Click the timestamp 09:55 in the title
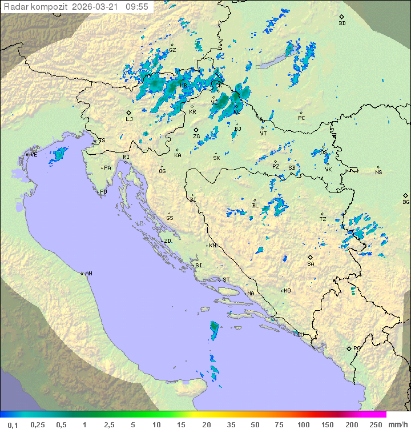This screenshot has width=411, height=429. point(138,7)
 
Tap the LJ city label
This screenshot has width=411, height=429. point(129,119)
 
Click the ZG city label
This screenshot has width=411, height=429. point(196,137)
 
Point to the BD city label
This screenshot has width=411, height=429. point(342,23)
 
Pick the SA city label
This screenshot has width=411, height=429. point(311,263)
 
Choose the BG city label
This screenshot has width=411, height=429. point(406,202)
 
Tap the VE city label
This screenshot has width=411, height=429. point(34,155)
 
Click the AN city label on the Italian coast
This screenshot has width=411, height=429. point(88,274)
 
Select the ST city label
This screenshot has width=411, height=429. point(226,280)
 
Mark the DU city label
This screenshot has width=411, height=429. point(300,334)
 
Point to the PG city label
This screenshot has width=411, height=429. point(357,348)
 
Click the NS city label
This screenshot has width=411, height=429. point(378,173)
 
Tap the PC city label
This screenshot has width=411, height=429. point(301,118)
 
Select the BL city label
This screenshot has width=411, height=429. point(255,206)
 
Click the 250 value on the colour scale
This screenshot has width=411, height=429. point(375,424)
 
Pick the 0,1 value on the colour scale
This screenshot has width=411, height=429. point(13,424)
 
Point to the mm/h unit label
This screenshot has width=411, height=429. point(396,424)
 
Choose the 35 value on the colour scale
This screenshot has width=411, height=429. point(231,424)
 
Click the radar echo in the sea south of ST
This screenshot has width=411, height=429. point(214,329)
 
